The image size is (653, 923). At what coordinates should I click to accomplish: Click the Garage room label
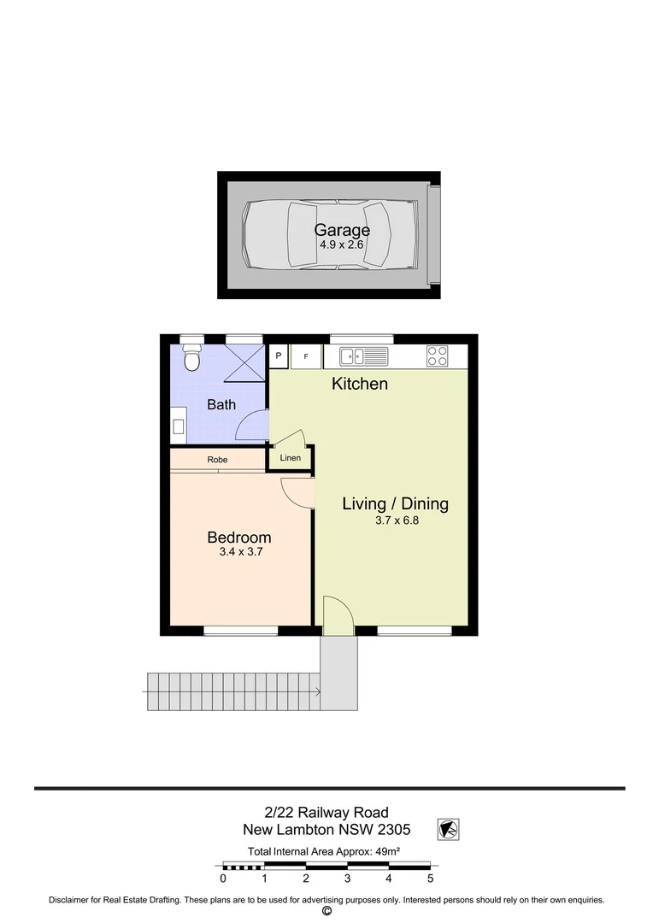tap(342, 230)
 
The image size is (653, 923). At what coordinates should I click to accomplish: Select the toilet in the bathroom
tap(191, 358)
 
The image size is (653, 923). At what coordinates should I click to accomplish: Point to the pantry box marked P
tap(279, 356)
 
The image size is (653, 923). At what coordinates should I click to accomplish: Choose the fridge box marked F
tap(306, 356)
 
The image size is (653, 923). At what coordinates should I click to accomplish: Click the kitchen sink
tap(363, 356)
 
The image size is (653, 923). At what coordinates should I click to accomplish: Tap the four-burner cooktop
tap(438, 356)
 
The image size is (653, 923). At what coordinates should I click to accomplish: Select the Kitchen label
tap(360, 384)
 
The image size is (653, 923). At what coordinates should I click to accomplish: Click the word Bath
tap(221, 405)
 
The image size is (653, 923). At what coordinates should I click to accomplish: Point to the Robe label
tap(217, 460)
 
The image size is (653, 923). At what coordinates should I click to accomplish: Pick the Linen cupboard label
tap(291, 459)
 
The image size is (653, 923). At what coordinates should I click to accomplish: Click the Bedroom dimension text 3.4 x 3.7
tap(239, 552)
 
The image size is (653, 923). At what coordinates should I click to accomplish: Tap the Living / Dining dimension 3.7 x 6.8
tap(395, 519)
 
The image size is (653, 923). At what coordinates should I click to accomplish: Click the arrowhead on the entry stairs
tap(317, 692)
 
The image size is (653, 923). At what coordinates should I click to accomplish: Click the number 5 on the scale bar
tap(430, 878)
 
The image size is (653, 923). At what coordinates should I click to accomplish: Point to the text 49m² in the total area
tap(385, 851)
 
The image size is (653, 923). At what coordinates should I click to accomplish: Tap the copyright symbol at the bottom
tap(326, 912)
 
